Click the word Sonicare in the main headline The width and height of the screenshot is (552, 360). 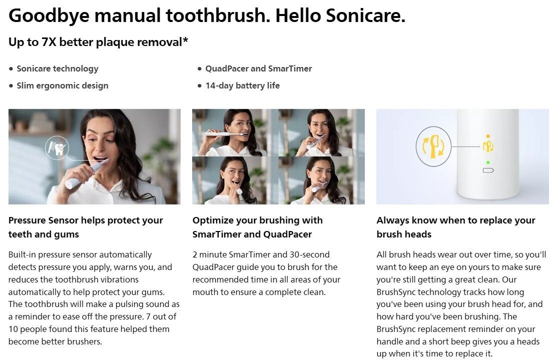tap(365, 15)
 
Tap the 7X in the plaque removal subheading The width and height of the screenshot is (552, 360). tap(49, 42)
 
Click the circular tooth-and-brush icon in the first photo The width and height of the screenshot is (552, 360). tap(57, 148)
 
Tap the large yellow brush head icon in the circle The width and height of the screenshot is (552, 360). tap(433, 146)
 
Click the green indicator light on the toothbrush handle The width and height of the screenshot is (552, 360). tap(487, 162)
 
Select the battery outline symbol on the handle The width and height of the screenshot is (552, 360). tap(488, 170)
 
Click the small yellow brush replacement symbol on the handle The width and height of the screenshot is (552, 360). tap(488, 145)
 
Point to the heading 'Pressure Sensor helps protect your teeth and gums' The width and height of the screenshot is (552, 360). tap(86, 227)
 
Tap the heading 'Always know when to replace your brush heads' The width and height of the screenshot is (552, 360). tap(455, 227)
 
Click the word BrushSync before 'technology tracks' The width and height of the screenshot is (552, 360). tap(396, 292)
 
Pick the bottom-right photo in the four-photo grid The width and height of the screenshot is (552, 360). tap(322, 180)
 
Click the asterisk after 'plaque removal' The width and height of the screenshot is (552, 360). tap(185, 39)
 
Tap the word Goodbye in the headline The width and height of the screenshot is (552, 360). tap(49, 16)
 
